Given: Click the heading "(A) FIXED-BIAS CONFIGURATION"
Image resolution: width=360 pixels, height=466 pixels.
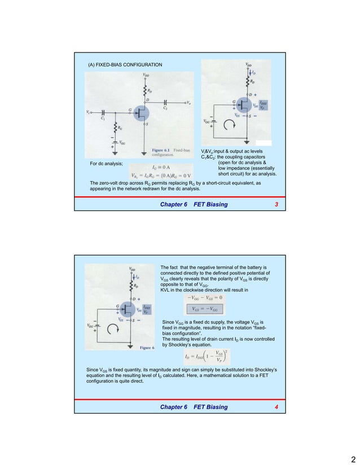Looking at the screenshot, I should coord(124,65).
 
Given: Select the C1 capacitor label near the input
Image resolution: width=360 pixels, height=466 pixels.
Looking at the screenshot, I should coord(103,118).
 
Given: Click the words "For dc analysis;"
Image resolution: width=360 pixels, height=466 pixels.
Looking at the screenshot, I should coord(106,164).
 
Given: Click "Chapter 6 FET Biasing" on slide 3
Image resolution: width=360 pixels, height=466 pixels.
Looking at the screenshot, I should coord(194,204).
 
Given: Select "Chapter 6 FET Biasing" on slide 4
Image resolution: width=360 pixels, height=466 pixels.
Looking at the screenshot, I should coord(194,407).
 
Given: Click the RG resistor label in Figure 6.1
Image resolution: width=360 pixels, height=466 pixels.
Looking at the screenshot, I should coord(120,128).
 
